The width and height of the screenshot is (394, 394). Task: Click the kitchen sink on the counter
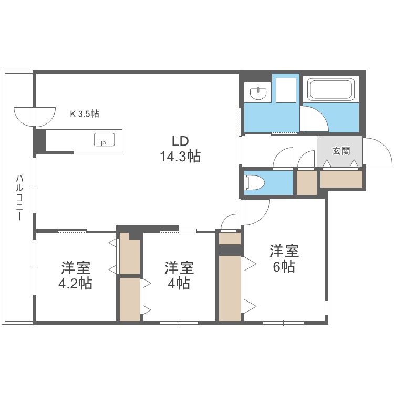(x=104, y=140)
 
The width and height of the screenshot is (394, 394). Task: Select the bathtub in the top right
(x=330, y=89)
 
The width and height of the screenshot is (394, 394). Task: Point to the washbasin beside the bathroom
(x=257, y=94)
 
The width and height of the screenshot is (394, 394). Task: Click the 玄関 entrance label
(x=341, y=151)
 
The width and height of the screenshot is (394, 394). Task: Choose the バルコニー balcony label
(x=19, y=197)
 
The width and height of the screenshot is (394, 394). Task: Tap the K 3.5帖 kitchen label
(x=85, y=113)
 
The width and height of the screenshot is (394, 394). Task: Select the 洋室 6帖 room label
(x=284, y=258)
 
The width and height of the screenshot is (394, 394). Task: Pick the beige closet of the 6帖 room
(x=230, y=288)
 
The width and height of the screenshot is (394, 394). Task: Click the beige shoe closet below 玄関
(x=341, y=180)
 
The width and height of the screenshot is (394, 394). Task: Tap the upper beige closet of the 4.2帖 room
(x=129, y=256)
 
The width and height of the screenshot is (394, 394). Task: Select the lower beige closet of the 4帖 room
(x=129, y=298)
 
